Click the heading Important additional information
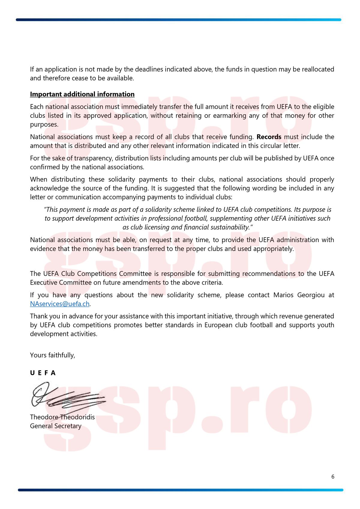click(x=82, y=94)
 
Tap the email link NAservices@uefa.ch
click(x=60, y=304)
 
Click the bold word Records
click(x=269, y=137)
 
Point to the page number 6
click(x=333, y=477)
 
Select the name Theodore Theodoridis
click(x=62, y=417)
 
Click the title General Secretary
click(x=55, y=426)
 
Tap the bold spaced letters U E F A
click(x=43, y=373)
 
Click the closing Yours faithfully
click(x=52, y=355)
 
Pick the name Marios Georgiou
click(x=299, y=295)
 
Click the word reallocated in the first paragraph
click(x=318, y=69)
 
